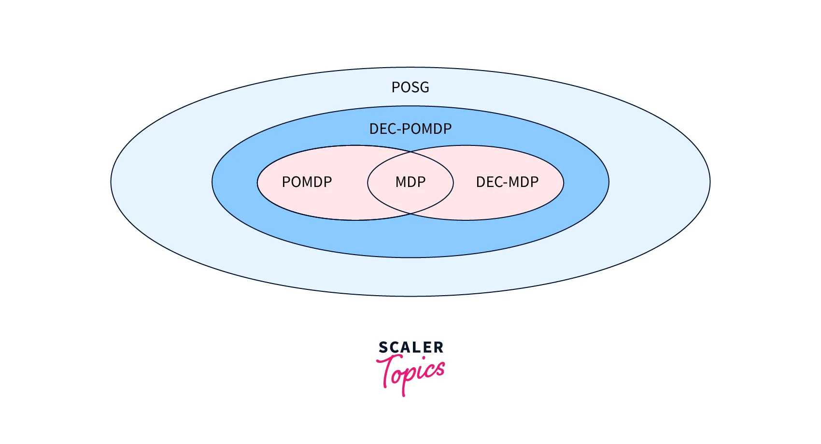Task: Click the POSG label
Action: tap(410, 87)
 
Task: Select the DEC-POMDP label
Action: tap(410, 129)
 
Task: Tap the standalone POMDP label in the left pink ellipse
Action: tap(307, 182)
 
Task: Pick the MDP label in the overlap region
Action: tap(410, 182)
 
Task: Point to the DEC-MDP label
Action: tap(507, 182)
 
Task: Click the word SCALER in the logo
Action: tap(411, 347)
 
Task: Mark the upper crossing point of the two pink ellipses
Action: tap(410, 151)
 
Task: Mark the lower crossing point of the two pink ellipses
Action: tap(410, 214)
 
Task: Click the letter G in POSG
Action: tap(424, 87)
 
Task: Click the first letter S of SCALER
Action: tap(383, 347)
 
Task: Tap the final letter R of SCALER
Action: tap(439, 347)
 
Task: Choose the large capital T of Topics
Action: tap(388, 370)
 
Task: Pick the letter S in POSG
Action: tap(414, 87)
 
